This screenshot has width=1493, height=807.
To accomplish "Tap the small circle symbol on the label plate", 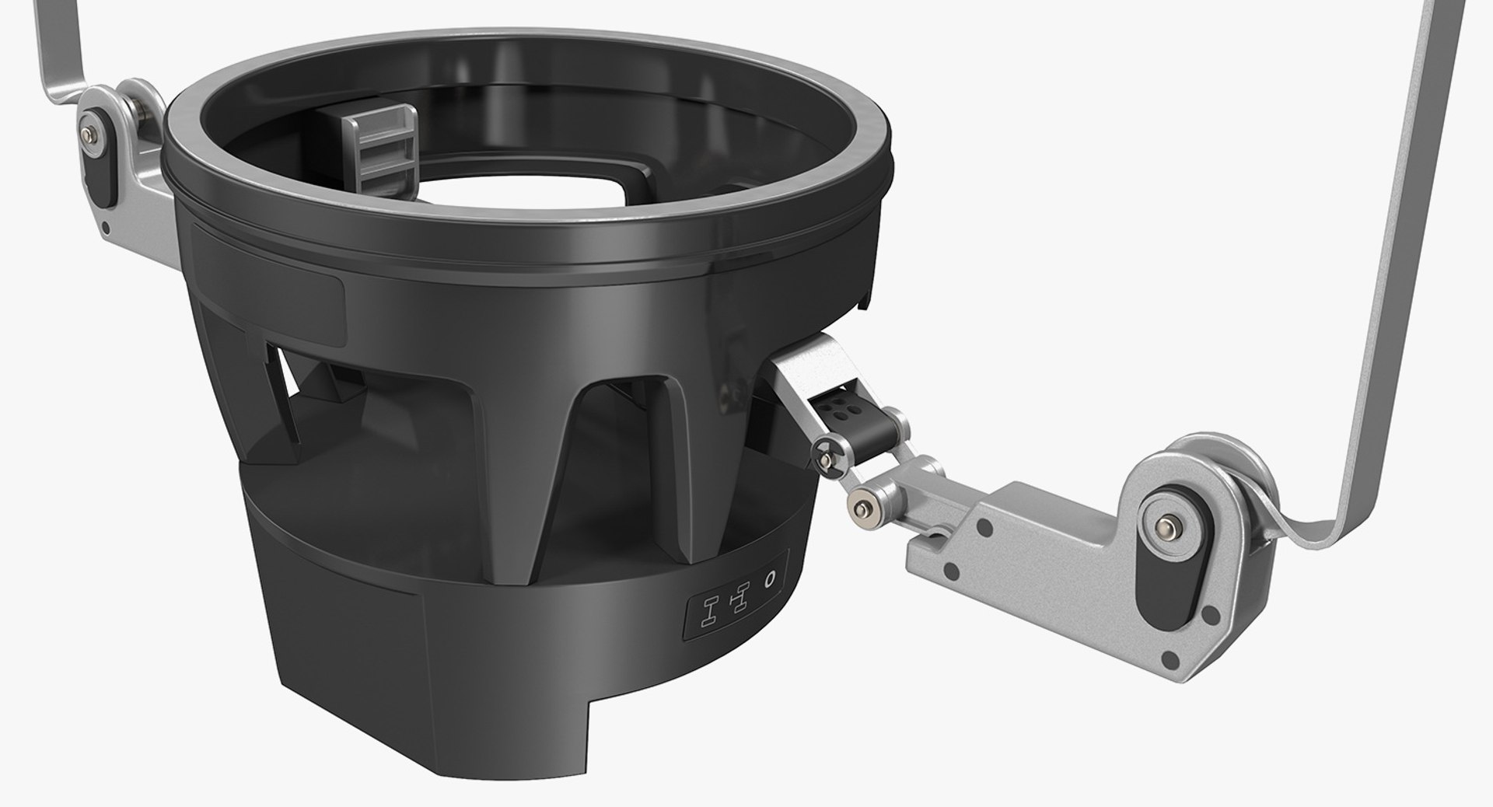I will [x=770, y=578].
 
